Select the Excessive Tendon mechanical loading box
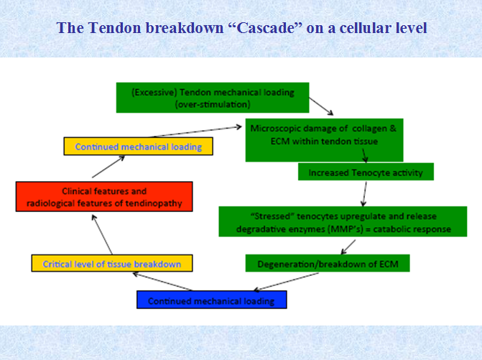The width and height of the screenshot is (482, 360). pos(213,98)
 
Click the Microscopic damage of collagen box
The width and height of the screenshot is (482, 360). pos(324,140)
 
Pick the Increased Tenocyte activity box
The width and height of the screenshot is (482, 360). pos(366,172)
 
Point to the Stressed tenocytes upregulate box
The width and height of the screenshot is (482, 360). pos(343,221)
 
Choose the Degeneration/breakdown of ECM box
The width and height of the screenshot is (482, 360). pos(328,263)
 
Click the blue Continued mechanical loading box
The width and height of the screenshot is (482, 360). pos(211,300)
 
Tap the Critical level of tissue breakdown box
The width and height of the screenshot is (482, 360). pos(112,263)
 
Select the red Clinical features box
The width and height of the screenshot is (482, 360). pos(104,196)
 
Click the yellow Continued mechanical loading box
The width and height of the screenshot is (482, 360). pos(138,146)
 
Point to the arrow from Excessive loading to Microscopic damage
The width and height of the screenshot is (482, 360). pos(321,106)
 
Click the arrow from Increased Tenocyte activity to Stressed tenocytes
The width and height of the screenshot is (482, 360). pos(365,194)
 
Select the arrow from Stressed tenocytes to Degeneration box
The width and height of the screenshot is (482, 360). pos(348,247)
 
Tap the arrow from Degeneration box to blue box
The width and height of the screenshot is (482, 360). pos(286,282)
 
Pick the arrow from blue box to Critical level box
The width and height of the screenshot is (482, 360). pos(162,282)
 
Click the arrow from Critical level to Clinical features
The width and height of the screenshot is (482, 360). pos(102,234)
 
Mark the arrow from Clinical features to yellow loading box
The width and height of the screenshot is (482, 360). pos(108,167)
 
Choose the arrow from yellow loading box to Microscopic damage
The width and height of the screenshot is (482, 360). pos(197,131)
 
